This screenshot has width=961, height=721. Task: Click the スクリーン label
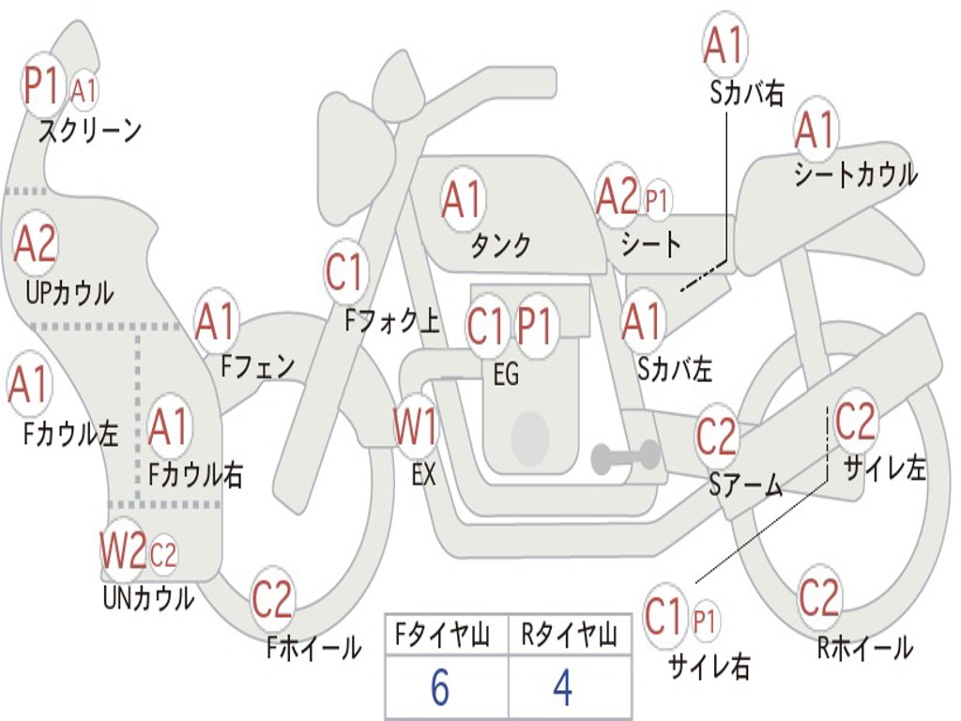[89, 130]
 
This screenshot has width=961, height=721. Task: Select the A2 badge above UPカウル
[36, 244]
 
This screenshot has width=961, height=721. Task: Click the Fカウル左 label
[71, 435]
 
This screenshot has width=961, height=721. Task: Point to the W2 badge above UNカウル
[124, 550]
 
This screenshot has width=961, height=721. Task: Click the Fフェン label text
[257, 365]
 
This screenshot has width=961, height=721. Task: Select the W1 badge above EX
[415, 428]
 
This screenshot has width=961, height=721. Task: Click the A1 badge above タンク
[462, 199]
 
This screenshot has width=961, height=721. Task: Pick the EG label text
[506, 375]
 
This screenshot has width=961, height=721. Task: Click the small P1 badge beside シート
[657, 200]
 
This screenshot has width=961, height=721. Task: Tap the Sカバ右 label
[747, 92]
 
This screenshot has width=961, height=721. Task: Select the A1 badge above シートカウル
[815, 130]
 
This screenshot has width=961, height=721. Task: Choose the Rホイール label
[865, 647]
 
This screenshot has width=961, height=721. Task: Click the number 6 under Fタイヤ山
[440, 688]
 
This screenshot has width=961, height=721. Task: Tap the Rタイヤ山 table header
[569, 637]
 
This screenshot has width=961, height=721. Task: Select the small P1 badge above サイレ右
[705, 621]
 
